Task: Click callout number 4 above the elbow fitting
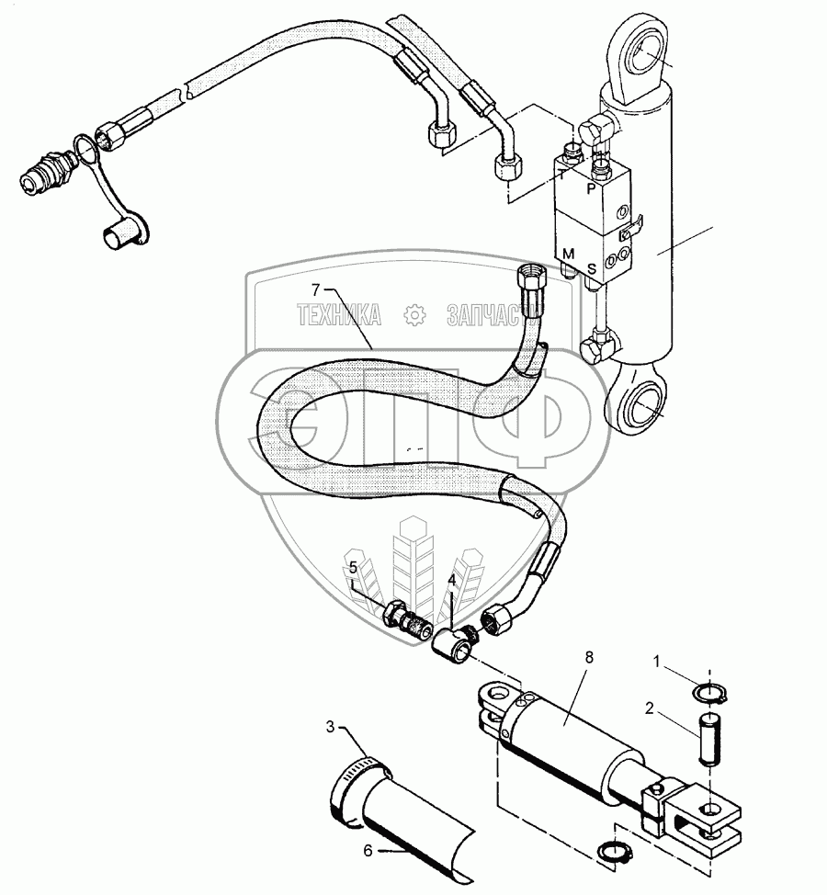coord(451,581)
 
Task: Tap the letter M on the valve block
coord(570,254)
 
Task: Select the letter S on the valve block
coord(592,268)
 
